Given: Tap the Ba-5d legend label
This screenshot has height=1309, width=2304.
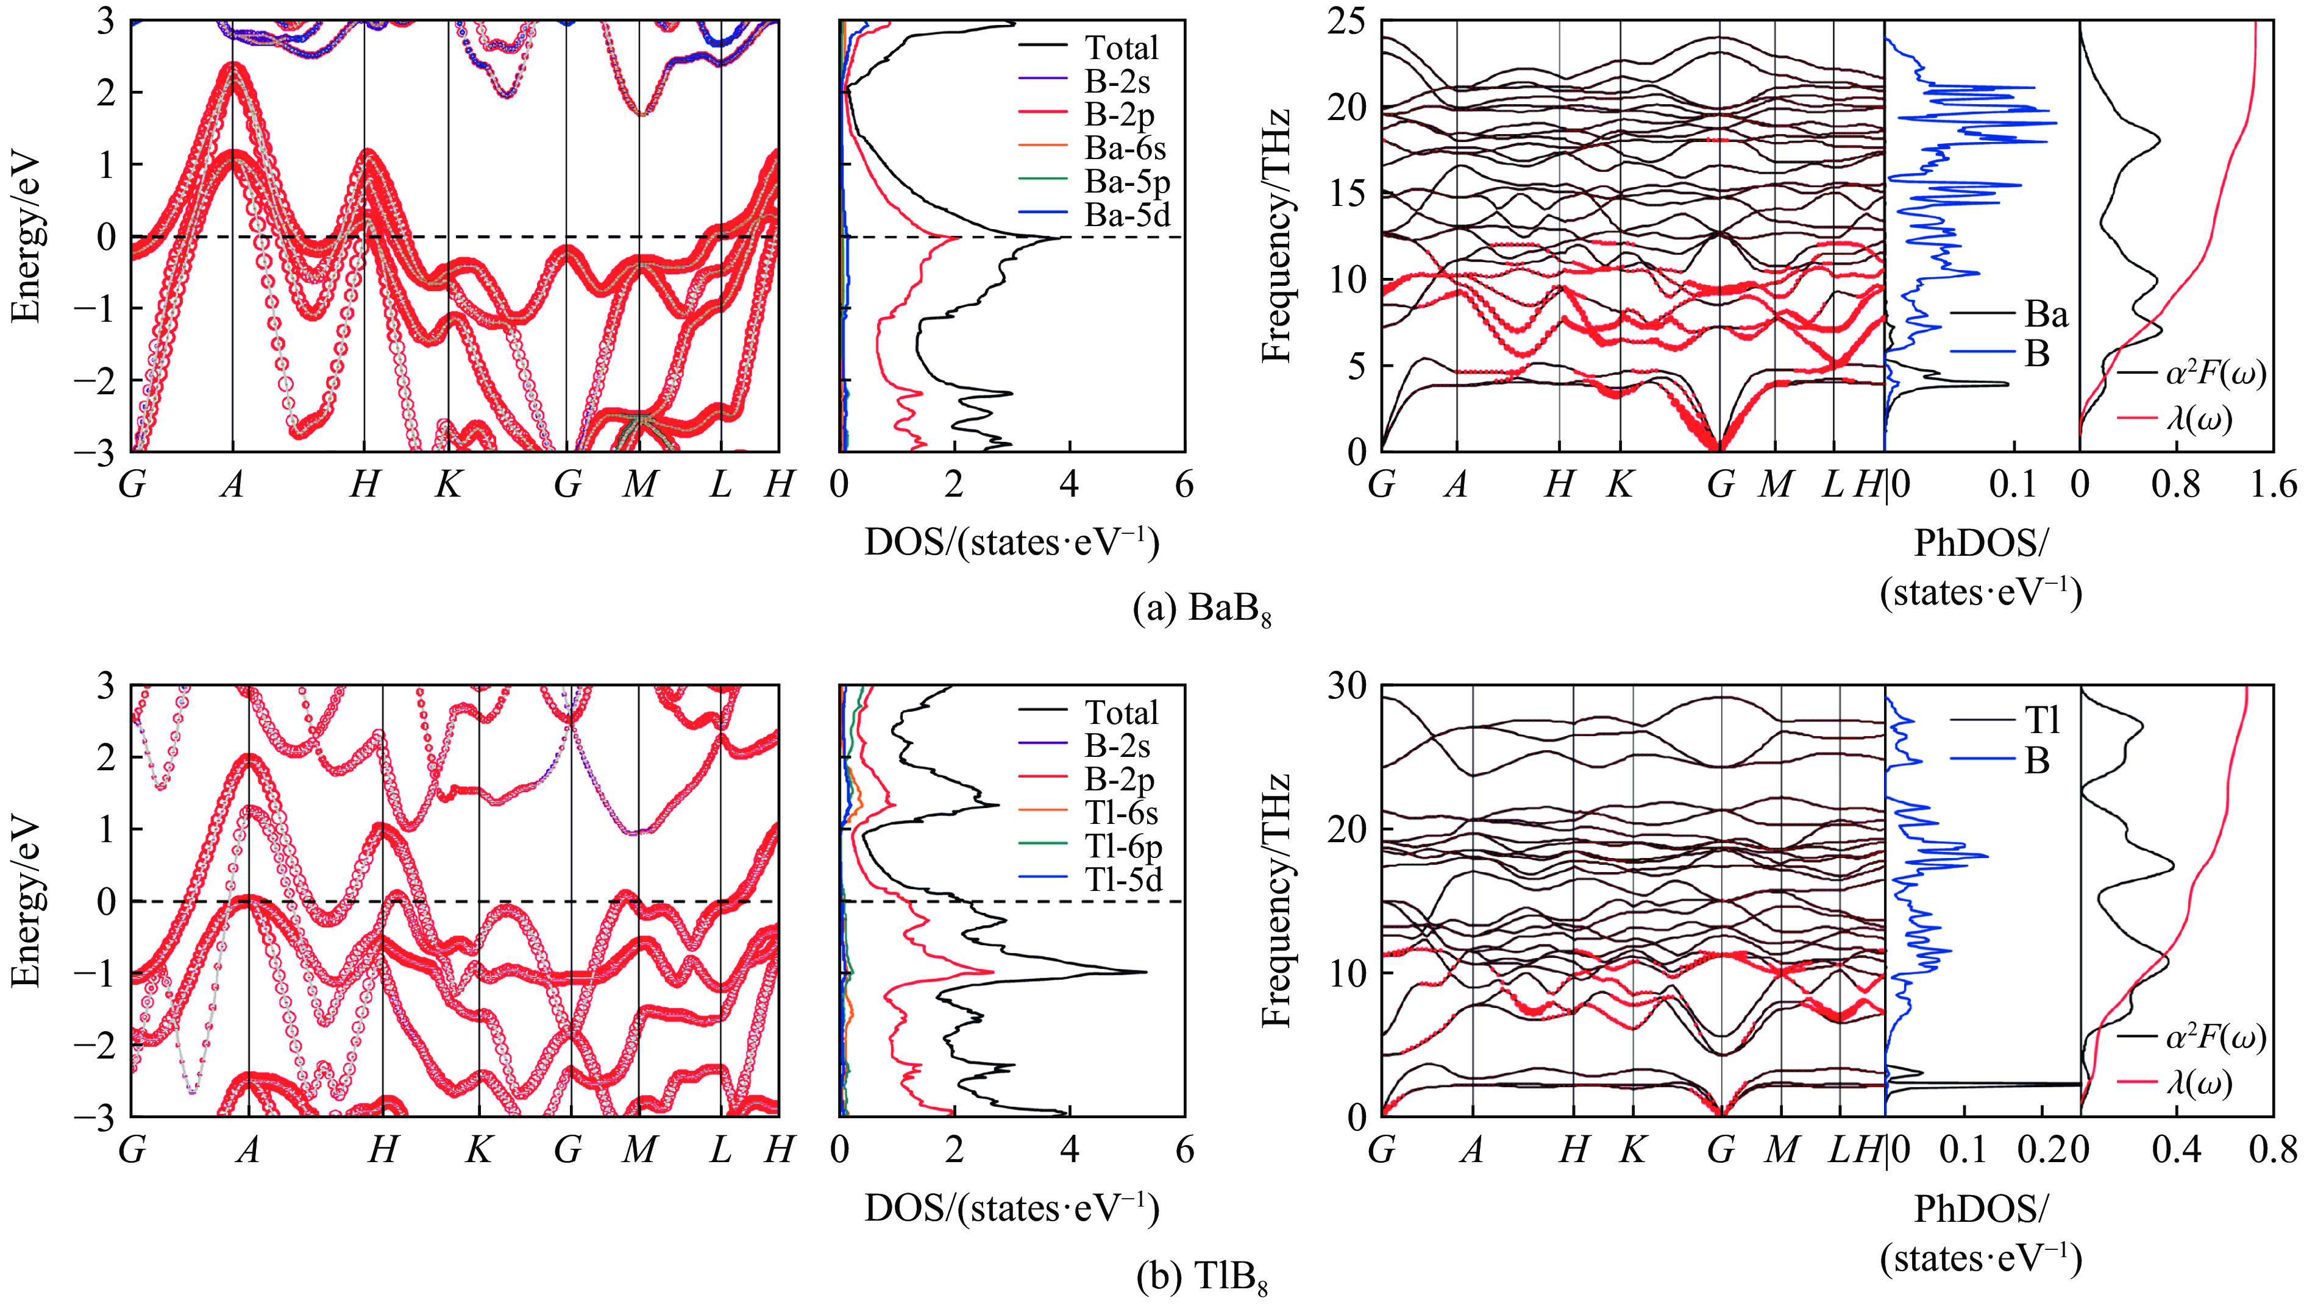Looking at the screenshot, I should (1127, 215).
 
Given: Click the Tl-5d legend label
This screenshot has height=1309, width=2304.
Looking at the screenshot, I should (1123, 879).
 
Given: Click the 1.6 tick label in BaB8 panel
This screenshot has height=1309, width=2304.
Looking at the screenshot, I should (2274, 486).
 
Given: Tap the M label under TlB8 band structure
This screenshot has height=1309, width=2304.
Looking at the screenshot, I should (639, 1150).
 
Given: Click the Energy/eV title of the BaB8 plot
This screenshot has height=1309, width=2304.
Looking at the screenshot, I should (25, 236).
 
